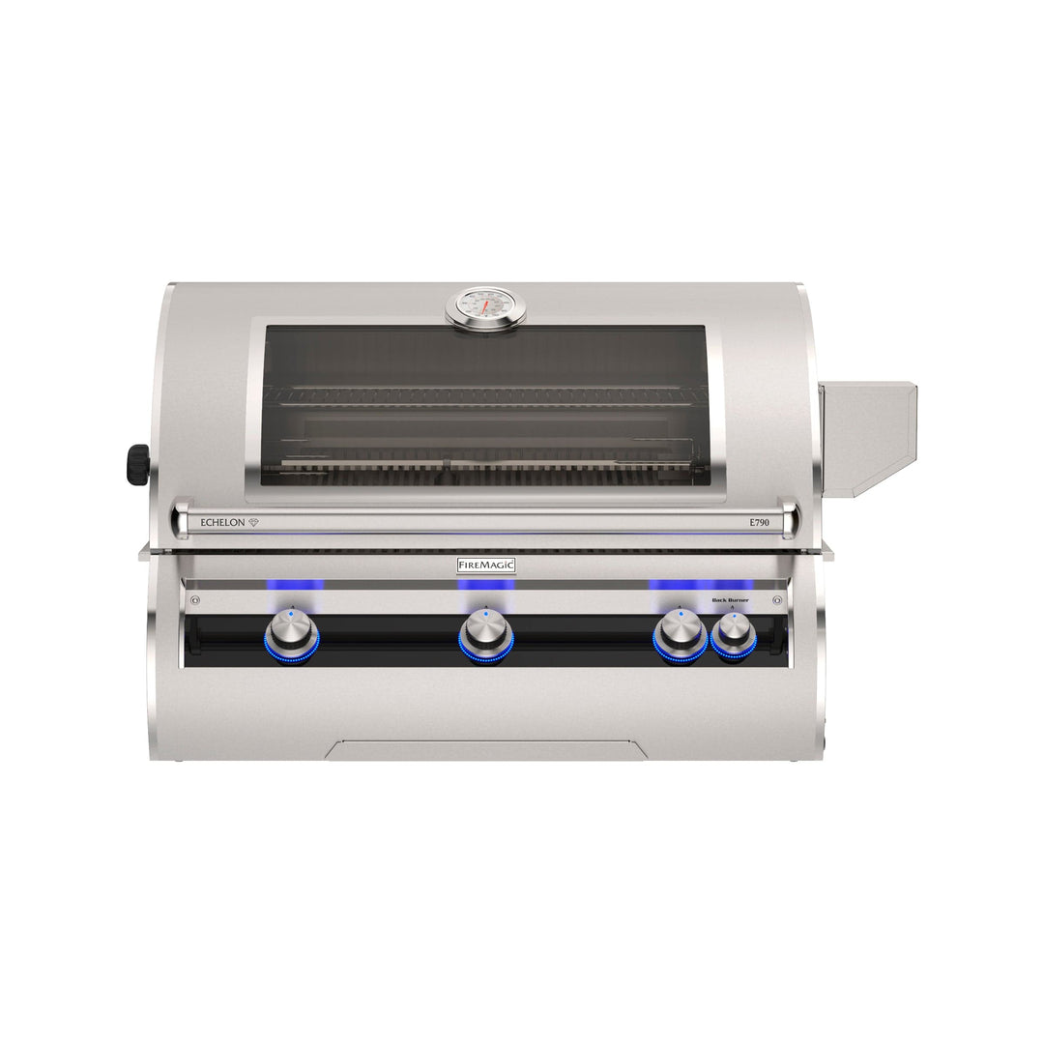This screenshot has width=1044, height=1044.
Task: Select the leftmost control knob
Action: pos(292,634)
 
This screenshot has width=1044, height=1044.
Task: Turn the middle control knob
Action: pos(486,634)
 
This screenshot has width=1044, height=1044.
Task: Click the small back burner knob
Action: pos(734,637)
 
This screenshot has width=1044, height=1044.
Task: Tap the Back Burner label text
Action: pos(731,600)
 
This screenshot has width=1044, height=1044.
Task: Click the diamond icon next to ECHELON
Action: pos(253,522)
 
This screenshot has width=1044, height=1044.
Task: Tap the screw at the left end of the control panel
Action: pos(196,600)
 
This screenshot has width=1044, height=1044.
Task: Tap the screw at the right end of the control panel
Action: pos(777,600)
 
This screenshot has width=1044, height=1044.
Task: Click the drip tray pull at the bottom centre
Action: pos(486,750)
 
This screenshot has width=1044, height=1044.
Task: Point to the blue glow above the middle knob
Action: pos(486,585)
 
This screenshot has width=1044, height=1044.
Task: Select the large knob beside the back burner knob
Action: pos(681,634)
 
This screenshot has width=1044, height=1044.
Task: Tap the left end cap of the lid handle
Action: pos(180,518)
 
